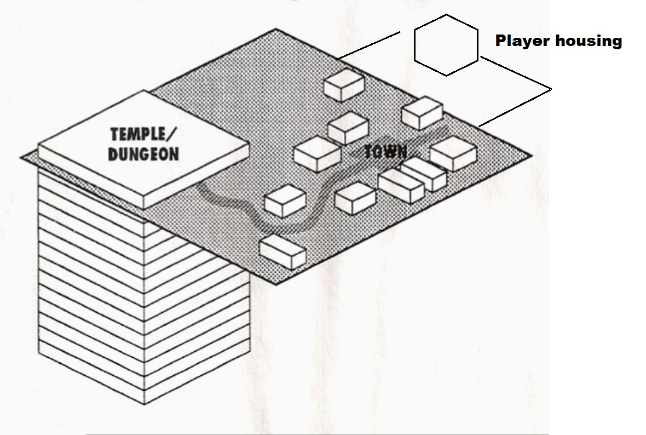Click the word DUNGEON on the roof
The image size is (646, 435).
pyautogui.click(x=143, y=154)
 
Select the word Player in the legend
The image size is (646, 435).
pyautogui.click(x=523, y=41)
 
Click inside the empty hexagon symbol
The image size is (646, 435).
pyautogui.click(x=446, y=45)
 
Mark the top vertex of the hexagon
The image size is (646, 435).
pyautogui.click(x=446, y=15)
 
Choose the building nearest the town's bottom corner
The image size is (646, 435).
pyautogui.click(x=282, y=251)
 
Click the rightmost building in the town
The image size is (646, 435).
pyautogui.click(x=453, y=153)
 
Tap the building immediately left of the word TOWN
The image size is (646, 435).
pyautogui.click(x=318, y=153)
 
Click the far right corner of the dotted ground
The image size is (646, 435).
pyautogui.click(x=530, y=156)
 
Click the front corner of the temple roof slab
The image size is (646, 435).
pyautogui.click(x=143, y=208)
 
